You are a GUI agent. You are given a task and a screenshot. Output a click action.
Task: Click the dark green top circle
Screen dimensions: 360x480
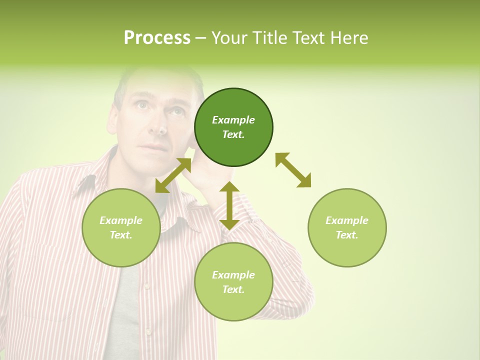pos(233,127)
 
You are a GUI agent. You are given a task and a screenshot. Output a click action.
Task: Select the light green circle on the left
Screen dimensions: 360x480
pos(121,227)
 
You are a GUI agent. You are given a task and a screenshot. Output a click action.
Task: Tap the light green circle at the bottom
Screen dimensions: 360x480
pos(233,282)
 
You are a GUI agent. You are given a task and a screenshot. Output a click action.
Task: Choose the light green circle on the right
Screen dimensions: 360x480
pos(347,227)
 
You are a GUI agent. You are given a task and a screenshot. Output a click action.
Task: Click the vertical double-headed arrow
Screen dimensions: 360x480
pos(229,205)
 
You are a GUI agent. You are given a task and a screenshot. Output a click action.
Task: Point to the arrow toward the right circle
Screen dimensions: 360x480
pos(293,170)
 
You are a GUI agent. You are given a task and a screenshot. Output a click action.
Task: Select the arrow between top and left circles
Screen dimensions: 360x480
pos(173,175)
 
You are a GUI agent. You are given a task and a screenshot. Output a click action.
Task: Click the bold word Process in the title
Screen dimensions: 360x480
pos(157,37)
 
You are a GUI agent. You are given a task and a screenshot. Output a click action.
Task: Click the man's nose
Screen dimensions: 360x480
pos(157,125)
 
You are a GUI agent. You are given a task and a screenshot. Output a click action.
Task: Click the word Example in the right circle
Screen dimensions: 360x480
pos(347,220)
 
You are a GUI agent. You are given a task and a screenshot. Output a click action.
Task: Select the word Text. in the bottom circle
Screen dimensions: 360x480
pos(233,289)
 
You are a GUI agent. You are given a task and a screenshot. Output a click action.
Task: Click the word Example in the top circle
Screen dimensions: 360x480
pos(233,120)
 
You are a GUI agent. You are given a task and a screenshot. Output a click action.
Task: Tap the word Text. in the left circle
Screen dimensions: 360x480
pos(121,235)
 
